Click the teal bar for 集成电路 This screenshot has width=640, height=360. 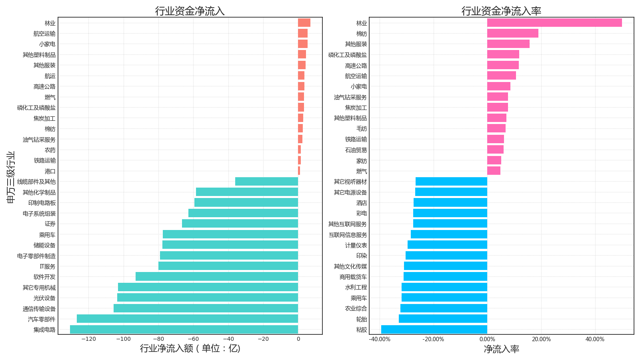tap(184, 330)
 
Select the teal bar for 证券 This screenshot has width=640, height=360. tap(240, 224)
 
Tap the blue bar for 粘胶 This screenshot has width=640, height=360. tap(434, 330)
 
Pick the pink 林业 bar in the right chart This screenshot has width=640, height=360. tap(554, 23)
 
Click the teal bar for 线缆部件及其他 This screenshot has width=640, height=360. tap(266, 182)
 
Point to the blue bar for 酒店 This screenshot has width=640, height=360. tap(450, 202)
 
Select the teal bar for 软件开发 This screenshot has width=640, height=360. tap(217, 276)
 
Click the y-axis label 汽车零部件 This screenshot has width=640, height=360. tap(42, 319)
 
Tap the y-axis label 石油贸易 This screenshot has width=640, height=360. tap(356, 150)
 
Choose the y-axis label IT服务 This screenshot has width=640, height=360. tap(48, 266)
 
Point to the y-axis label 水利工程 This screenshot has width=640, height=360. tap(356, 287)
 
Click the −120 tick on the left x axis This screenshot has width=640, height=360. tap(88, 339)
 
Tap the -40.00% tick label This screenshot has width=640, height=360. tap(379, 339)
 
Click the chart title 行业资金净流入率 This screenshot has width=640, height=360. tap(501, 11)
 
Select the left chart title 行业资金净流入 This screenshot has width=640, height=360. tap(190, 11)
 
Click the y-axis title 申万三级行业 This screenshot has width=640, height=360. tap(11, 177)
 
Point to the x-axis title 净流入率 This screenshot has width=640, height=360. tap(501, 349)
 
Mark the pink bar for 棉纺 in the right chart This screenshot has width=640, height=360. tap(512, 33)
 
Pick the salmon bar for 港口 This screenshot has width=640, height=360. tap(299, 171)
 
